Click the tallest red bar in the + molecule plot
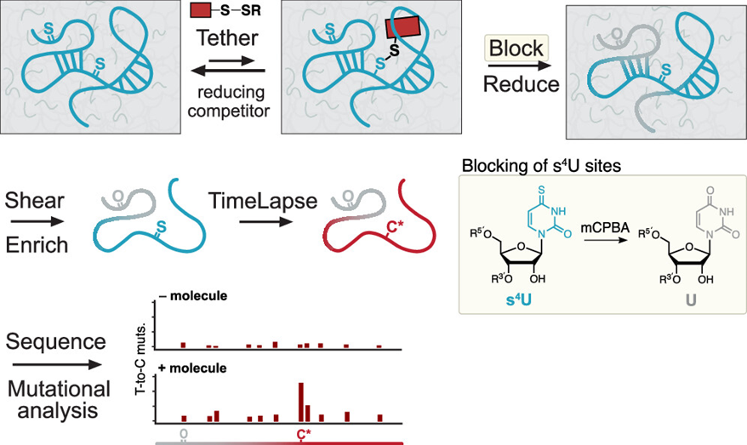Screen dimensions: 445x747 point(300,401)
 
